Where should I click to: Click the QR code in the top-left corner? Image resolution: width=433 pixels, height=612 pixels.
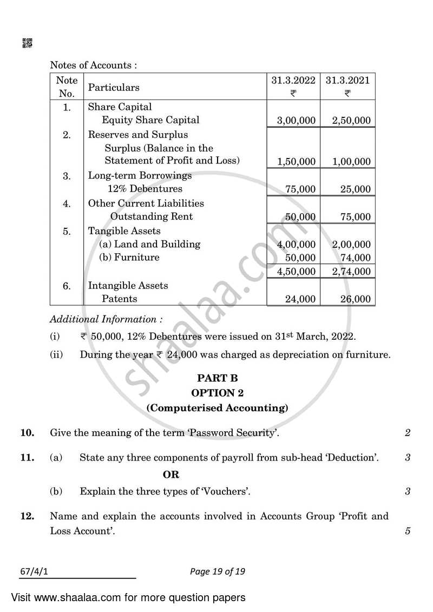[27, 43]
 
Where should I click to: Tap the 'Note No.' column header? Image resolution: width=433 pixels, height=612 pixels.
[67, 87]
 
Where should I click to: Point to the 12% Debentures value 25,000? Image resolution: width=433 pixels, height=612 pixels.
[356, 189]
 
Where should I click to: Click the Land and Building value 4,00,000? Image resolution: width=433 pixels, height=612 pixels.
[296, 245]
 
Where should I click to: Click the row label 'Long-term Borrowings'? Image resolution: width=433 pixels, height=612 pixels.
[140, 175]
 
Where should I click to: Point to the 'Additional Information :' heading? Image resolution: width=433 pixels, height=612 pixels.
[106, 319]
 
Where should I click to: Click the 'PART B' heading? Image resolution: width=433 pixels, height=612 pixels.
[217, 378]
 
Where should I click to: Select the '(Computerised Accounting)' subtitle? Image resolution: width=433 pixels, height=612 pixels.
[217, 408]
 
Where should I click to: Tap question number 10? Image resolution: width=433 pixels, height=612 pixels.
[27, 433]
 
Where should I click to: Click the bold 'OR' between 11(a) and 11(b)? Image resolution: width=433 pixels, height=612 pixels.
[171, 475]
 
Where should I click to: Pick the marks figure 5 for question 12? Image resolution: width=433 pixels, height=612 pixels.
[407, 531]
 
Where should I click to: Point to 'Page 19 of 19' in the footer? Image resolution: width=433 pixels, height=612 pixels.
[217, 571]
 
